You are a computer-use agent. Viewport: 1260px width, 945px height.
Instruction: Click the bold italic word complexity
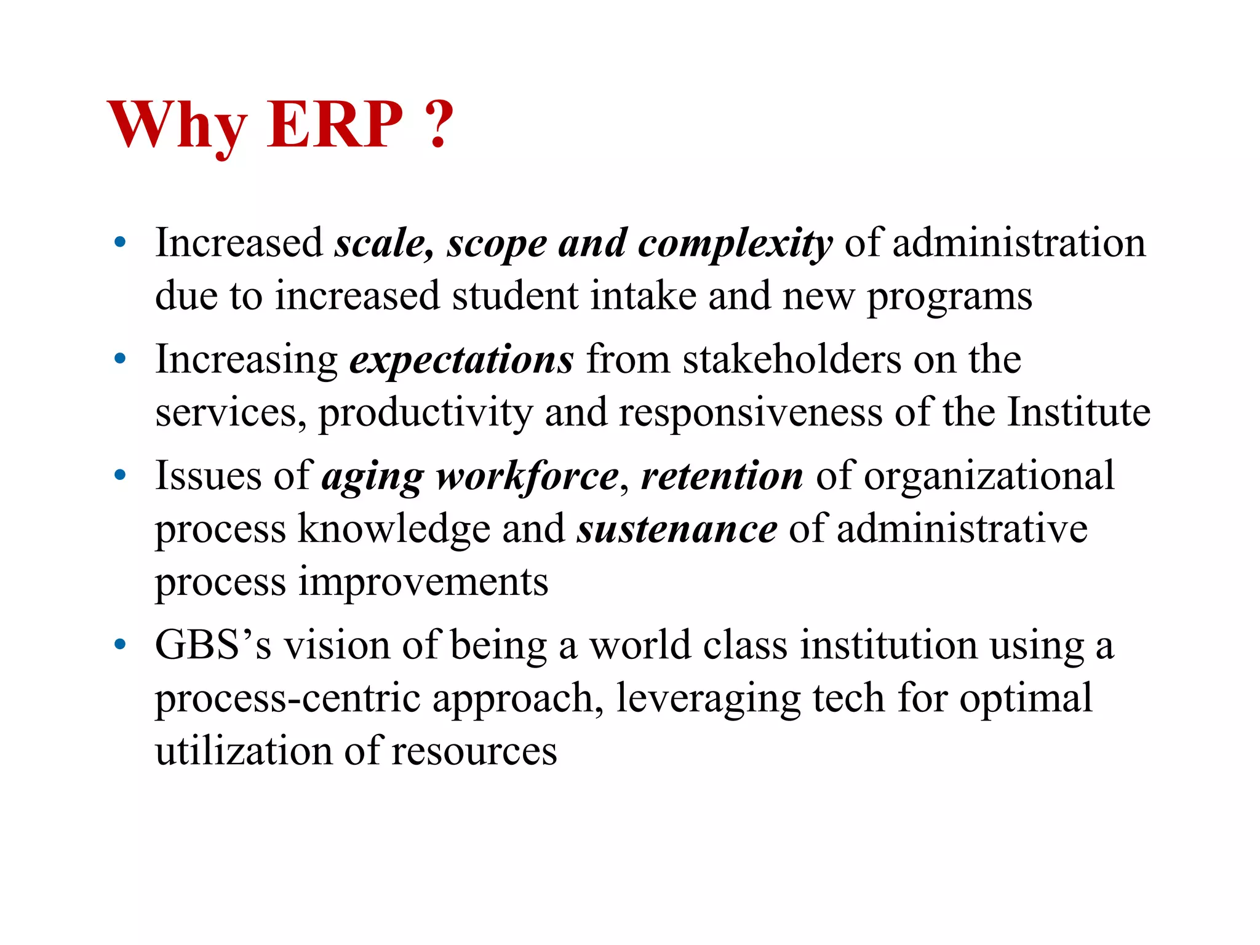tap(735, 244)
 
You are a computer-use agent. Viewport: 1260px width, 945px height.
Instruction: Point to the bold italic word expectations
tap(461, 360)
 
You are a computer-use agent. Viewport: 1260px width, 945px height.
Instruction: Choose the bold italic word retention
tap(722, 476)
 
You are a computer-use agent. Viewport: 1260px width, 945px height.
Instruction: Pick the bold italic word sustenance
tap(677, 529)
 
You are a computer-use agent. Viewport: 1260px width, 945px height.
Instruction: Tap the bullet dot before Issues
tap(120, 475)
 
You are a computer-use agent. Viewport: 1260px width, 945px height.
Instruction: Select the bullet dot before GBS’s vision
tap(120, 645)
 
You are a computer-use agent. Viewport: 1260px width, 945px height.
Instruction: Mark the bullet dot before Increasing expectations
tap(120, 359)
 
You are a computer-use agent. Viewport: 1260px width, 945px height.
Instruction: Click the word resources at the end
tap(474, 751)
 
